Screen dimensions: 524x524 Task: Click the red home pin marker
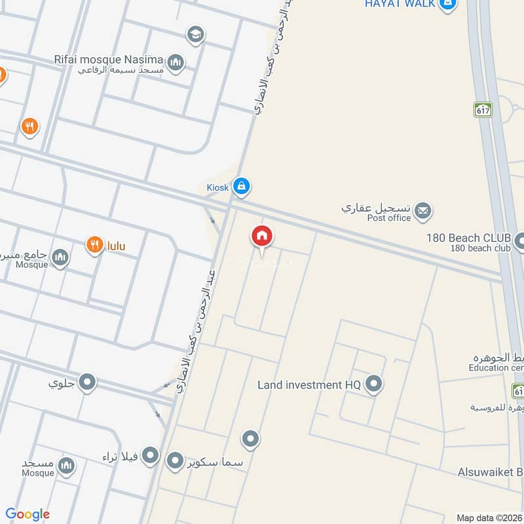[x=262, y=236]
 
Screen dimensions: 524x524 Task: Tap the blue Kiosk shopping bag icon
[x=242, y=187]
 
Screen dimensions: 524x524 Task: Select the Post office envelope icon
[x=423, y=211]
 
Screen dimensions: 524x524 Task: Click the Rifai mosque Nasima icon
[x=175, y=63]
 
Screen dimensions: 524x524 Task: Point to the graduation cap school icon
[x=195, y=35]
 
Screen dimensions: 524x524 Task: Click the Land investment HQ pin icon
[x=373, y=384]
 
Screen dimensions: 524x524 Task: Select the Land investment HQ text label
[x=309, y=385]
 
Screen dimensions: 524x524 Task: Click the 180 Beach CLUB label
[x=468, y=238]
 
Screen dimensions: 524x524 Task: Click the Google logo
[x=28, y=514]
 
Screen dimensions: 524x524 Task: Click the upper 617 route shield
[x=483, y=109]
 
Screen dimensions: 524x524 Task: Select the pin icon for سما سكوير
[x=175, y=461]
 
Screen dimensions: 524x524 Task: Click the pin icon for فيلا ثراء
[x=151, y=455]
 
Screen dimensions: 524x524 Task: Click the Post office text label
[x=389, y=218]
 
